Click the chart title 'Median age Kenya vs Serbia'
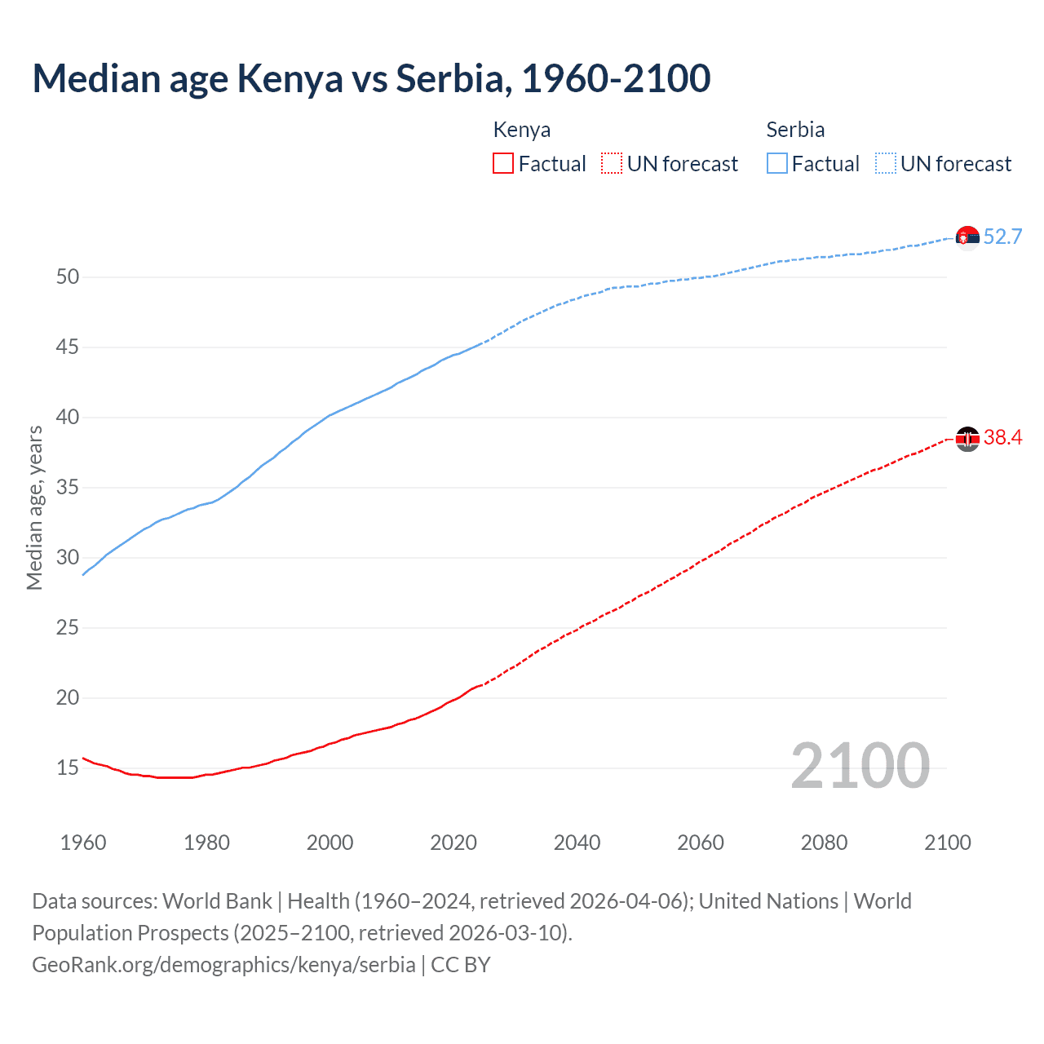point(371,78)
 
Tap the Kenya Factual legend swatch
point(503,164)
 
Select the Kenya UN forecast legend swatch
point(612,164)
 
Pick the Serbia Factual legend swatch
point(777,164)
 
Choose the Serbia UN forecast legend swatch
point(885,164)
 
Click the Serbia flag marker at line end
point(967,237)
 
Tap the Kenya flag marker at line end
point(967,439)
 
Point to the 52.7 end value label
point(1002,237)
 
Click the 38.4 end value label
point(1002,438)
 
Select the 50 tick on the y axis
point(68,277)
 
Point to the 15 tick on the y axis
point(68,768)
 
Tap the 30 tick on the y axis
point(68,558)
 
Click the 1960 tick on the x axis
point(83,843)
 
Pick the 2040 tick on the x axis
point(577,843)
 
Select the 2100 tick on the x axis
point(947,843)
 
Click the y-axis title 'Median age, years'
point(34,507)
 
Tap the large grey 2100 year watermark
point(860,766)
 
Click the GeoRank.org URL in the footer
point(223,965)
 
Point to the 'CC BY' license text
point(461,965)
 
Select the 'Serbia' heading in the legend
point(795,130)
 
